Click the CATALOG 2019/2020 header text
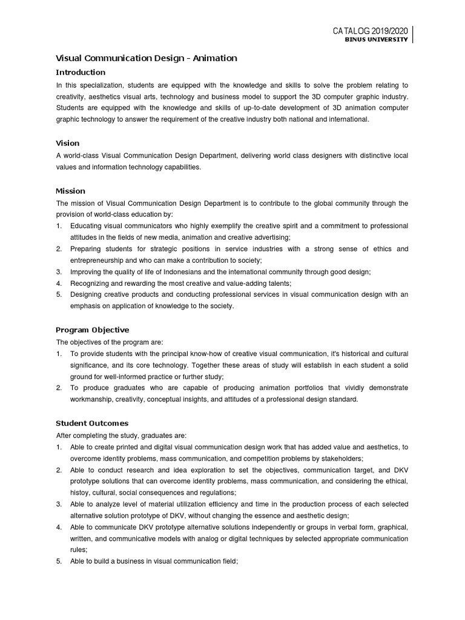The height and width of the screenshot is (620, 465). click(x=370, y=31)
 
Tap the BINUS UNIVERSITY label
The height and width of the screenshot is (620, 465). click(x=376, y=40)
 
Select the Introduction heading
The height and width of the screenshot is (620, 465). click(x=81, y=72)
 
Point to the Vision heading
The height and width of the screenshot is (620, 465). click(x=67, y=143)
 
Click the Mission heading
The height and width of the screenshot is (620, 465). click(x=70, y=191)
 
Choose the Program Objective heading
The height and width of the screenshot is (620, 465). click(x=92, y=330)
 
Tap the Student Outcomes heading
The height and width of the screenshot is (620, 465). click(x=92, y=423)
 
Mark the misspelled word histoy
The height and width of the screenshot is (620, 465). click(x=80, y=493)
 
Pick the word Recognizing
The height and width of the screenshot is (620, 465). click(x=91, y=283)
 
